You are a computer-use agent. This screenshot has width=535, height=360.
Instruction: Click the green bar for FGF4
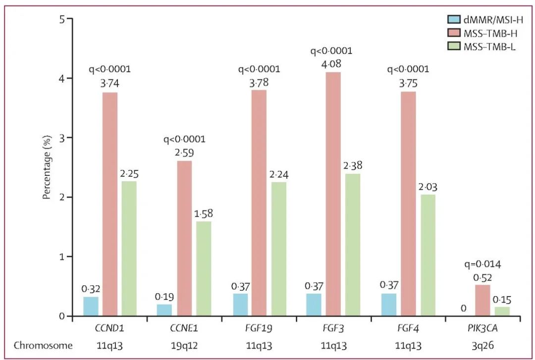[x=428, y=255]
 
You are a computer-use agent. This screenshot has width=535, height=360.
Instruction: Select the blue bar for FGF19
[x=240, y=305]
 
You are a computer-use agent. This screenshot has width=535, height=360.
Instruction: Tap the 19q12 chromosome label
[x=185, y=345]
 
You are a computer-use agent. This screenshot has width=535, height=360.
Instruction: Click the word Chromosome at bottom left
[x=43, y=345]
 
